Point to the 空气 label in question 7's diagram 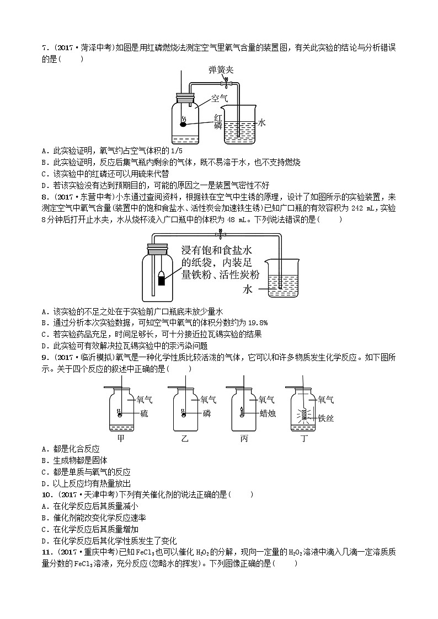(220, 99)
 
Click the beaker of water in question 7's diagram (239, 127)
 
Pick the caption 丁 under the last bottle (304, 439)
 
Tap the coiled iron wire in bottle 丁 (302, 414)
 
